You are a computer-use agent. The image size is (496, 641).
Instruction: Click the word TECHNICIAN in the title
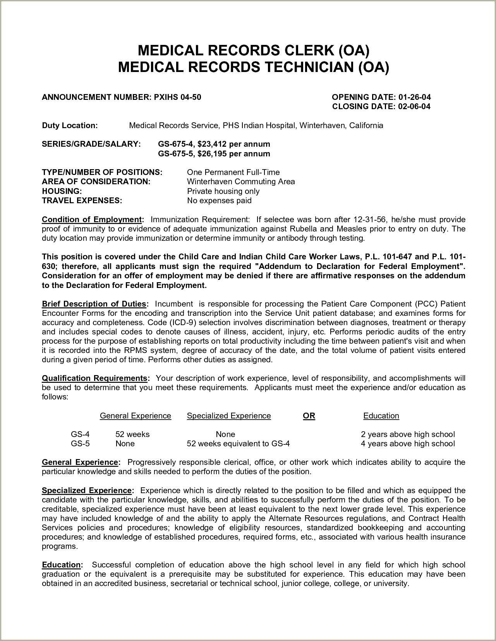click(x=308, y=67)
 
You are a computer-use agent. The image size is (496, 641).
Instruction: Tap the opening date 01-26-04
click(x=414, y=97)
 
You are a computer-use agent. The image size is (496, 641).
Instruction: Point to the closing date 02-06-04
click(x=414, y=106)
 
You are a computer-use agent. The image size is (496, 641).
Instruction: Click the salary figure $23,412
click(x=212, y=144)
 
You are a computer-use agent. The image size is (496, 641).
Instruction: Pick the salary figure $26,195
click(x=212, y=154)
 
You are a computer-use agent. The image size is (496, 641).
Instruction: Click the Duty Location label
click(x=70, y=125)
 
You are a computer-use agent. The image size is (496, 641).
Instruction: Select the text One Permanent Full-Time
click(x=233, y=172)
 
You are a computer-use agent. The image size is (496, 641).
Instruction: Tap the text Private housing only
click(x=223, y=191)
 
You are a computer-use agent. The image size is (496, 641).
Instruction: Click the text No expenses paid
click(x=219, y=201)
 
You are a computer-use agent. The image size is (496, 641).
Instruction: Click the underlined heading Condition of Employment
click(x=93, y=219)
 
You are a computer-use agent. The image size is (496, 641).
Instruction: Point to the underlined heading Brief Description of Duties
click(x=94, y=304)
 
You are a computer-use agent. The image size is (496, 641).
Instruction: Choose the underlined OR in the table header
click(x=309, y=416)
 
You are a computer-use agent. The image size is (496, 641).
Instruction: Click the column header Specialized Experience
click(x=229, y=416)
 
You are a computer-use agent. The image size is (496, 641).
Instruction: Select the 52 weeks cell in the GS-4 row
click(x=132, y=434)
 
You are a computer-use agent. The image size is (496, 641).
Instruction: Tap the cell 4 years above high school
click(x=408, y=444)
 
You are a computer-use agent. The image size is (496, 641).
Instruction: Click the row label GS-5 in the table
click(x=80, y=444)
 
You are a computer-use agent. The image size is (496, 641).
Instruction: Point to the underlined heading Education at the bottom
click(x=62, y=565)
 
